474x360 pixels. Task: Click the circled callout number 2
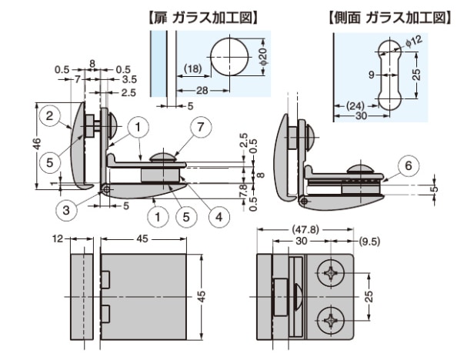coord(49,116)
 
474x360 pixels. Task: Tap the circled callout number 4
coord(219,217)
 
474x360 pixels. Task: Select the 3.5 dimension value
coord(129,79)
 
